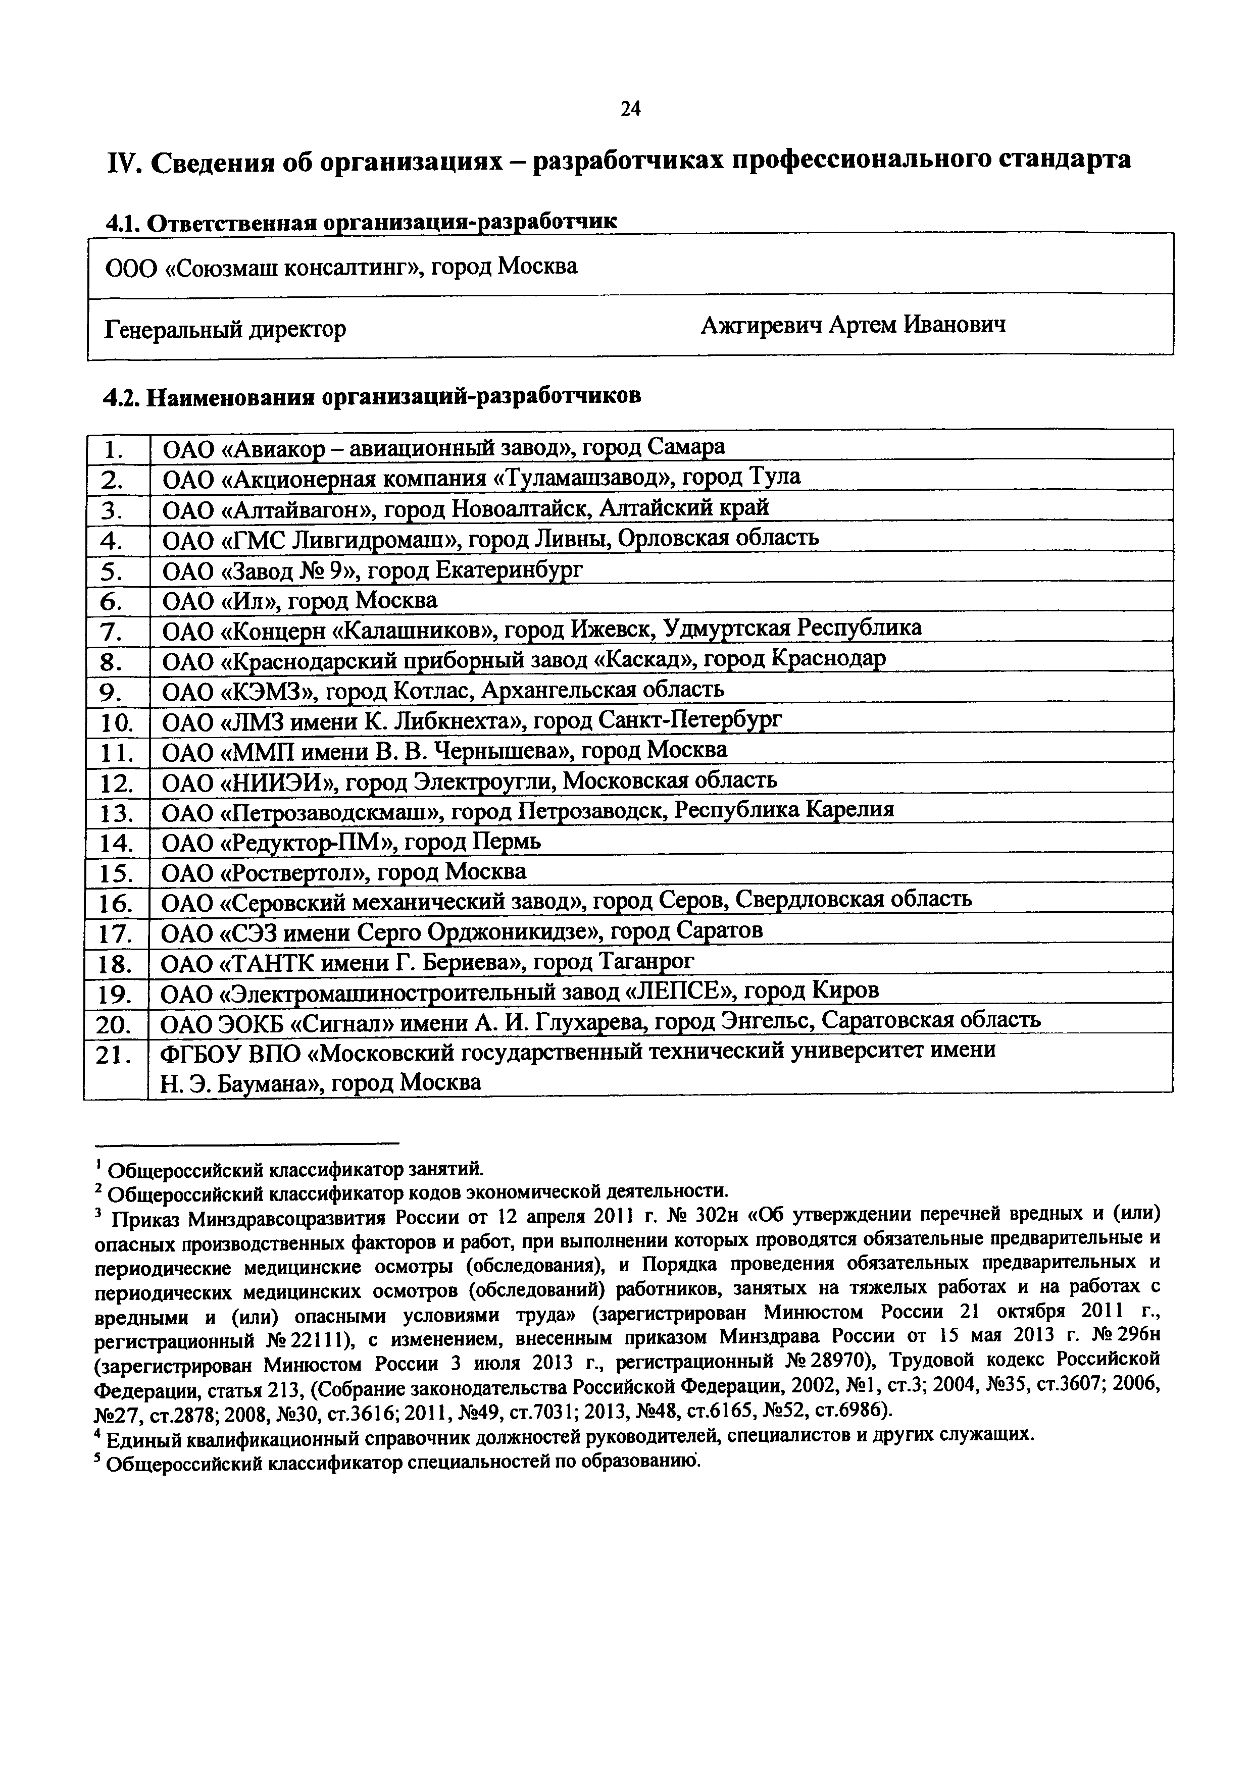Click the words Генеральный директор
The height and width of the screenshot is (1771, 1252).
(225, 329)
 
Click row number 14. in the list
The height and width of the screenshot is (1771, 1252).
(117, 843)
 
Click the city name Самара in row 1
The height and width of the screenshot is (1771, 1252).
(686, 447)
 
